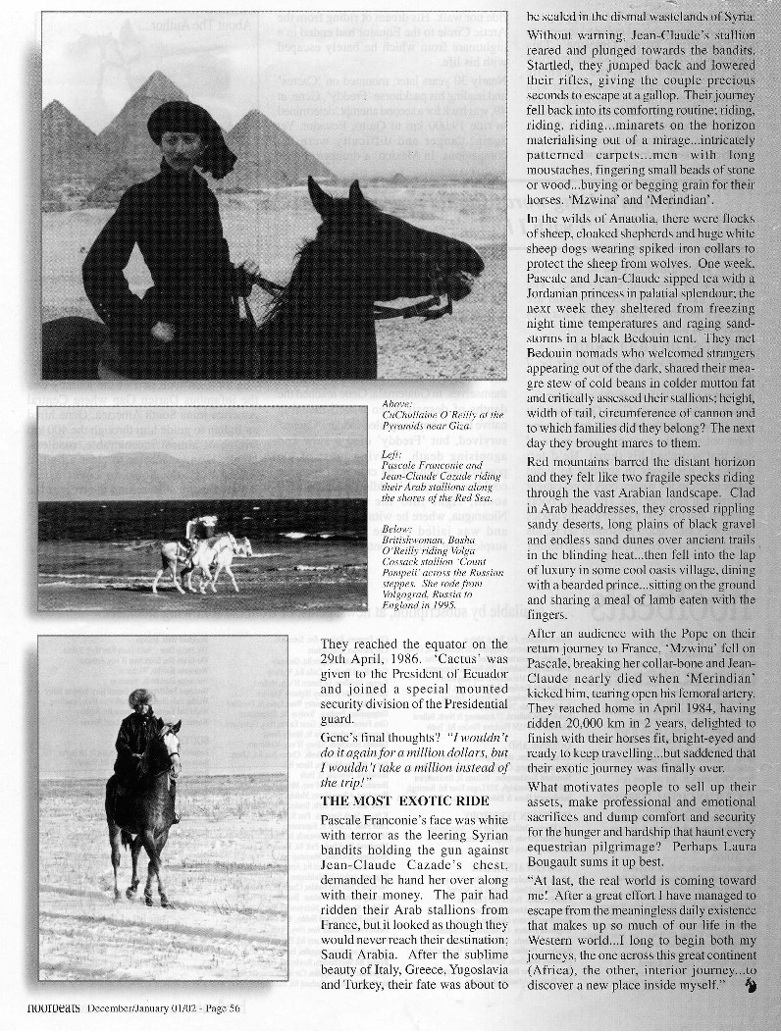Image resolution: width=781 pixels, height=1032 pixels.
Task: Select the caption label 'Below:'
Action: click(x=398, y=530)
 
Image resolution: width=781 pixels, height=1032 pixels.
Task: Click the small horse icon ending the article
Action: click(x=749, y=985)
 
